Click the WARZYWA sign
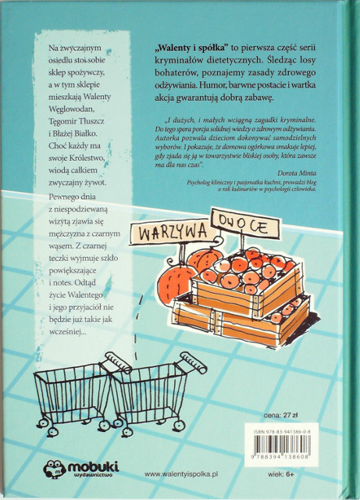click(x=172, y=232)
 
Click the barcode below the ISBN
click(x=282, y=444)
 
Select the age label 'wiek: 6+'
click(x=280, y=474)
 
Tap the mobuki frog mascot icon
click(x=55, y=469)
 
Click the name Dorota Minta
click(x=297, y=173)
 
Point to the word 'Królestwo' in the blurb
click(x=86, y=158)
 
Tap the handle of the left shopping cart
click(x=118, y=362)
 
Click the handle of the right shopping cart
click(x=193, y=362)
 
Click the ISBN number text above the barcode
click(x=282, y=431)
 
